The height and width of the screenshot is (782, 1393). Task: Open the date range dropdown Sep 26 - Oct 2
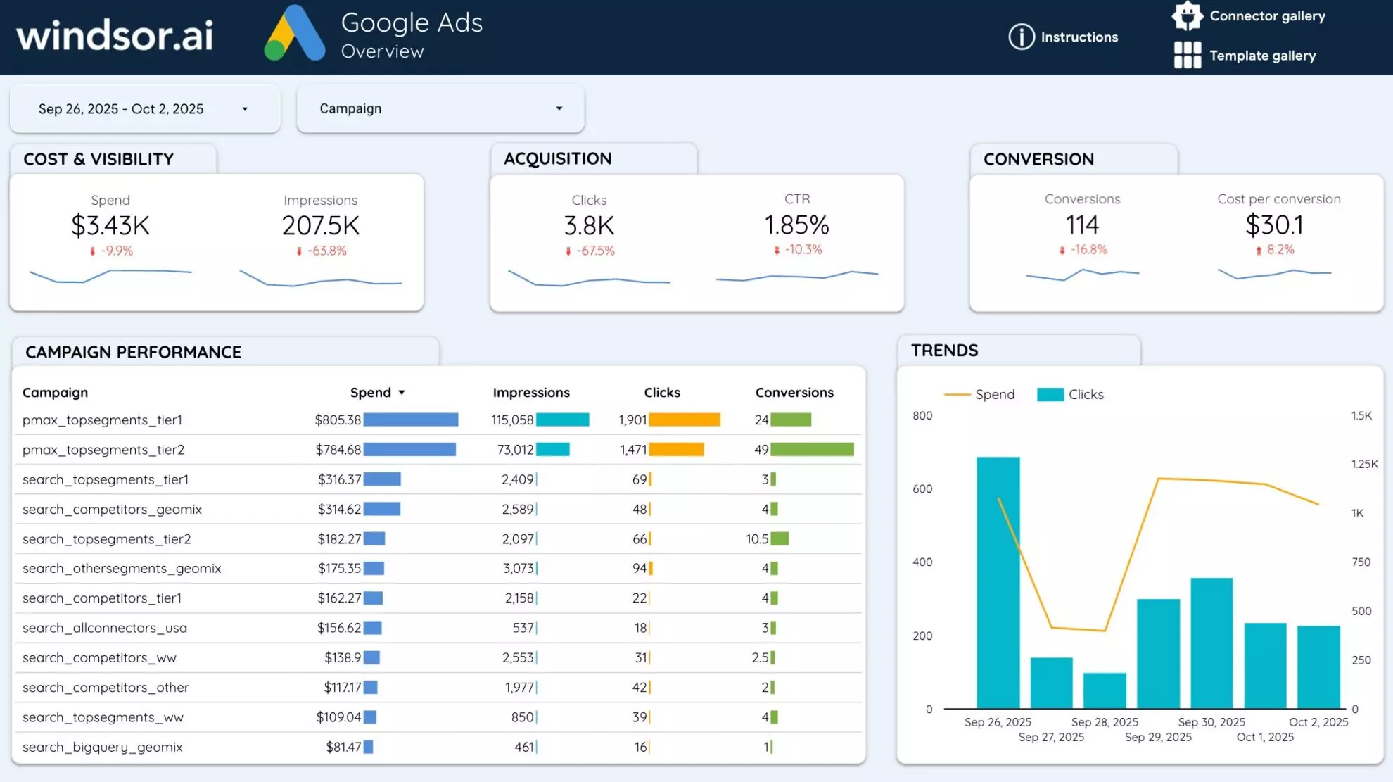(x=144, y=109)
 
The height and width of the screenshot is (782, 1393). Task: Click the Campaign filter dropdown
(x=440, y=108)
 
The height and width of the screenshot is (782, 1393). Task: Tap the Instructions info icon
(x=1022, y=37)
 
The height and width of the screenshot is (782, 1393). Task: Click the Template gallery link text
(x=1262, y=56)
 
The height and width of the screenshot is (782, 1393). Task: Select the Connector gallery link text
(x=1267, y=16)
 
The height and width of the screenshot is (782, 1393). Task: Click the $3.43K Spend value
(x=110, y=226)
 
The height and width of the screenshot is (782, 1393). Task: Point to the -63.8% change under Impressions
(x=326, y=251)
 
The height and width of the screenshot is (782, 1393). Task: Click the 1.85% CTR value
(x=796, y=225)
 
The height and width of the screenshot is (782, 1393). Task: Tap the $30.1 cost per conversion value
(x=1274, y=225)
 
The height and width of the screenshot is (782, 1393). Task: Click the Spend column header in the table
(x=371, y=393)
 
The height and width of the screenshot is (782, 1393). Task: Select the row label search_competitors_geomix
(x=112, y=509)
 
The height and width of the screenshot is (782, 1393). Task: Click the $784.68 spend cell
(x=338, y=450)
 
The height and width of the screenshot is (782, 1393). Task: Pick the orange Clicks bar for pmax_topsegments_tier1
(x=684, y=420)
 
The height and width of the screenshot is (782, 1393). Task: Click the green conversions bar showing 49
(x=812, y=450)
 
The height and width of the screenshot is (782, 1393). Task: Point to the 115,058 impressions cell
(x=512, y=420)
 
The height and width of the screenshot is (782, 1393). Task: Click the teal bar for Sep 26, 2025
(x=998, y=584)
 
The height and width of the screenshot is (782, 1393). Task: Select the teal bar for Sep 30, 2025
(x=1211, y=644)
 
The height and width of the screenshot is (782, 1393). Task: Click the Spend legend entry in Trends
(x=981, y=395)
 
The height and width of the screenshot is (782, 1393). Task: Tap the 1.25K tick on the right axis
(x=1364, y=464)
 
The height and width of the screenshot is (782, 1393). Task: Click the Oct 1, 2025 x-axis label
(x=1265, y=737)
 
